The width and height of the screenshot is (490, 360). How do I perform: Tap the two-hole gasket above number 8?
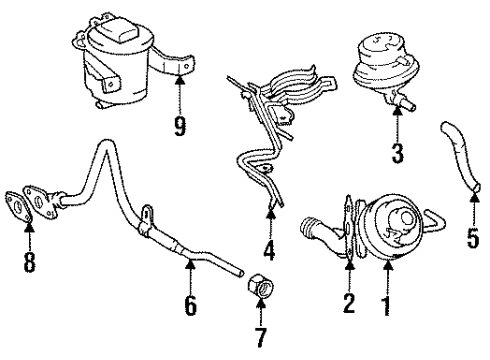pos(30,205)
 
